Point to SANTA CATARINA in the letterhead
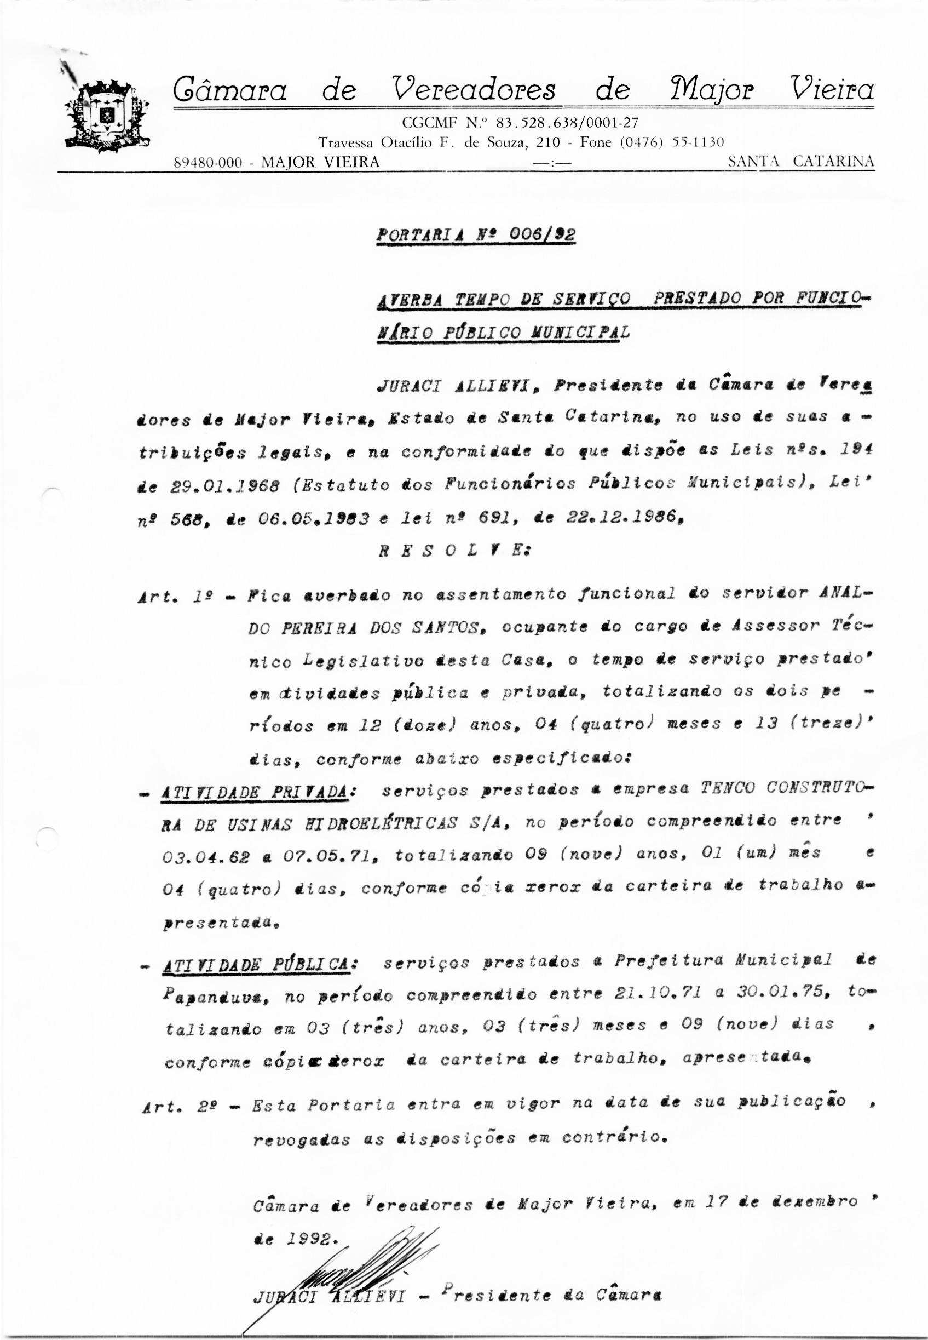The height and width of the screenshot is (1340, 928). coord(800,162)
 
